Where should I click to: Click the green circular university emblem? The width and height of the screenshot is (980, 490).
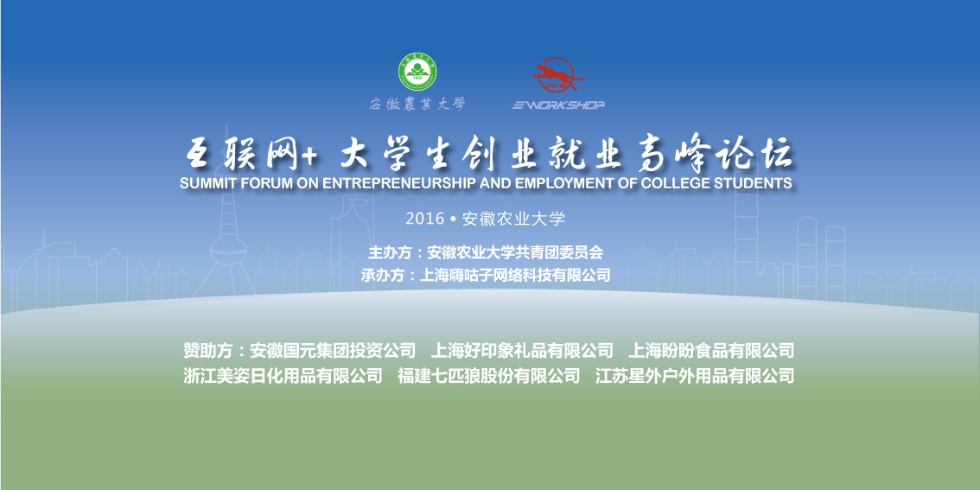[x=417, y=73]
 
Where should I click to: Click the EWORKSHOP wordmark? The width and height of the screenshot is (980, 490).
[x=559, y=105]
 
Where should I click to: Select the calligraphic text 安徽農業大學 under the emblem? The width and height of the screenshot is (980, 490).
[x=417, y=105]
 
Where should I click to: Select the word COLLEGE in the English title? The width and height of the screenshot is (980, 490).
[x=674, y=183]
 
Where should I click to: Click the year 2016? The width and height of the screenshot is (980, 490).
[x=424, y=219]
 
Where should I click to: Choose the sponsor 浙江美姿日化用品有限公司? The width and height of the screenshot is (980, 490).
[x=283, y=376]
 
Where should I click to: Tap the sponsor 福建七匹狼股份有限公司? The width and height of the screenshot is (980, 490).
[x=489, y=376]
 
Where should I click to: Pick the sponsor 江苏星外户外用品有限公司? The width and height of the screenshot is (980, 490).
[x=694, y=376]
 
